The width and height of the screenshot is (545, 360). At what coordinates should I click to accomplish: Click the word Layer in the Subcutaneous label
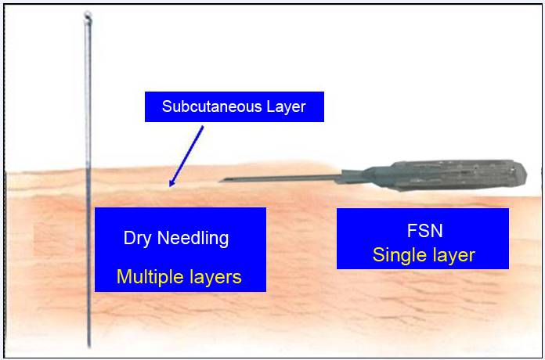[x=287, y=107]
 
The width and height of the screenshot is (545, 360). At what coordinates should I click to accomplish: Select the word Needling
[x=193, y=239]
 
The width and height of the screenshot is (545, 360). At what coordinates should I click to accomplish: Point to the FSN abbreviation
[x=424, y=231]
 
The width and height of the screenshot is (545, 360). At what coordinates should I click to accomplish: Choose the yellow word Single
[x=399, y=255]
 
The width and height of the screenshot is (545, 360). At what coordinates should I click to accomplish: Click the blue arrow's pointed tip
[x=170, y=186]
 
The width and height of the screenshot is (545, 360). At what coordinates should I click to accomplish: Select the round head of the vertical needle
[x=88, y=16]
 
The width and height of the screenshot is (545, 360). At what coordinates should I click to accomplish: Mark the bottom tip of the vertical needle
[x=89, y=347]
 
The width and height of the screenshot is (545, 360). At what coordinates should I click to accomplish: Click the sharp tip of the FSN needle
[x=220, y=180]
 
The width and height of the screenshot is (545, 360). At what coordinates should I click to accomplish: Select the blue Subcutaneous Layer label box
[x=234, y=107]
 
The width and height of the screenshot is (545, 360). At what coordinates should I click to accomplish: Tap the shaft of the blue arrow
[x=186, y=157]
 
